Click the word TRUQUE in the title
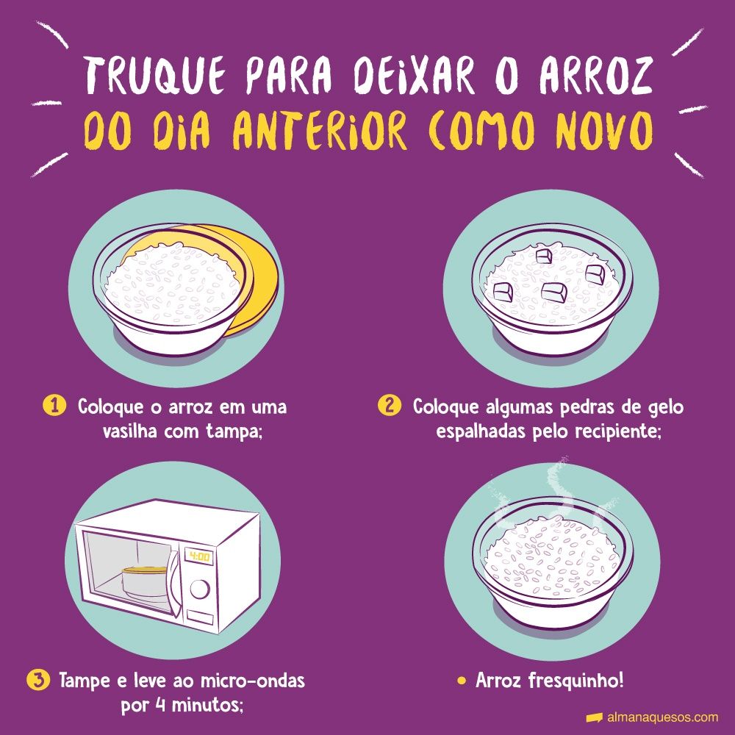tap(154, 76)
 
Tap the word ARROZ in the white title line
tap(595, 75)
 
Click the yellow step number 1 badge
tap(54, 406)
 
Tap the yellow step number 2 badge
tap(389, 406)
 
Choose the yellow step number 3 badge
tap(38, 680)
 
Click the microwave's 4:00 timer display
tap(199, 556)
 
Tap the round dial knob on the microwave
tap(200, 589)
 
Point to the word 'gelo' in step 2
tap(666, 407)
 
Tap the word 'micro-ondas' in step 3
tap(253, 681)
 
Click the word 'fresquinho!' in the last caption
tap(576, 681)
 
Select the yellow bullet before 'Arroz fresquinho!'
tap(462, 681)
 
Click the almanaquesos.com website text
tap(662, 717)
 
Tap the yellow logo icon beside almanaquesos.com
tap(594, 717)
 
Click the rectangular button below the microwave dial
tap(200, 617)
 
